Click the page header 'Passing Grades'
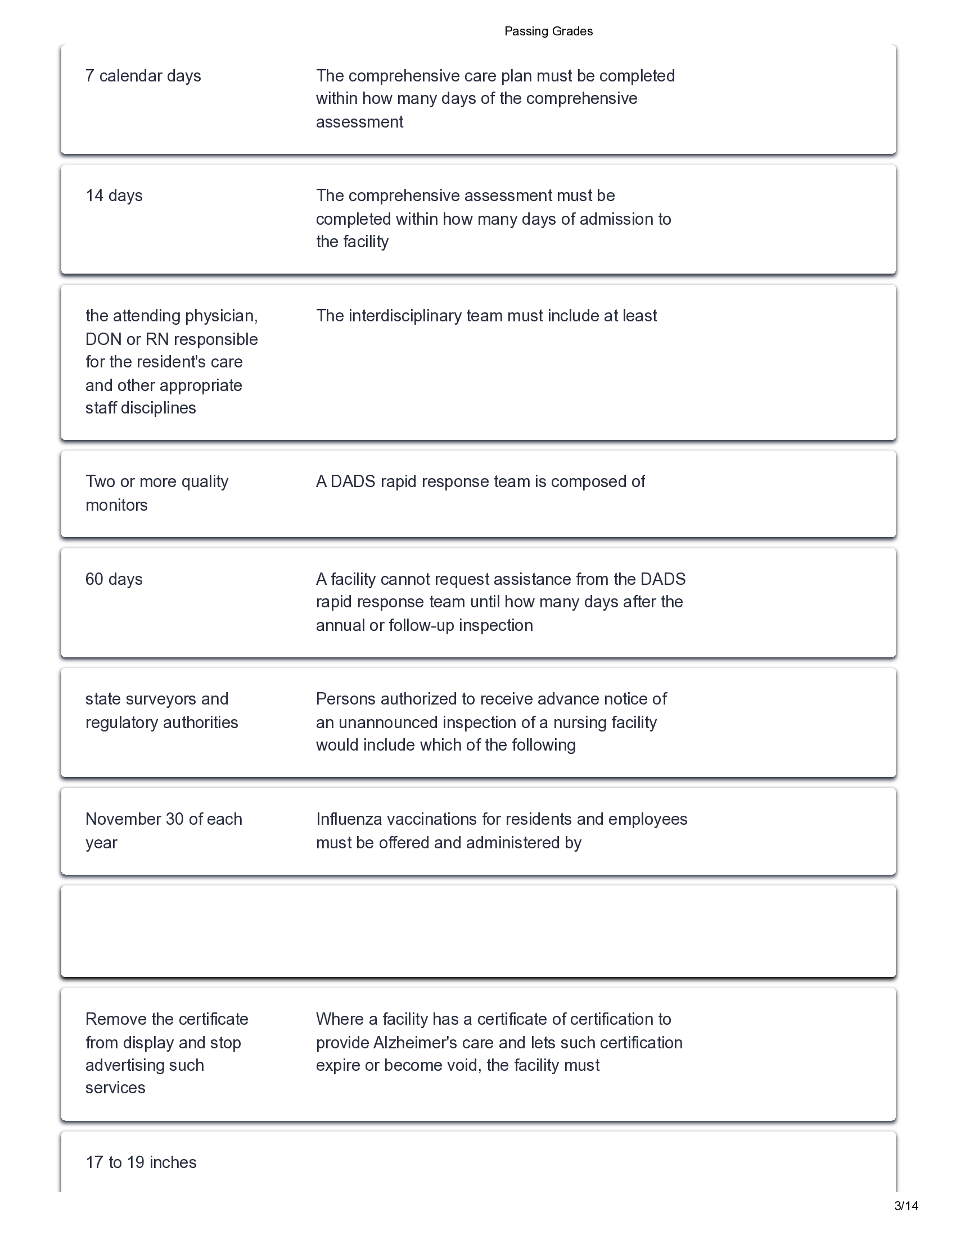[x=548, y=31]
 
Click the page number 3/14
[x=905, y=1221]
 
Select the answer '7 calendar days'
[x=143, y=76]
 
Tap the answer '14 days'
[x=114, y=196]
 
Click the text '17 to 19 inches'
[x=141, y=1162]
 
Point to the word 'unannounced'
[x=388, y=722]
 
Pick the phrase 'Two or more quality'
[x=157, y=481]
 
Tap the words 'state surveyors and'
[x=157, y=699]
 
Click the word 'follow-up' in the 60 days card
[x=421, y=625]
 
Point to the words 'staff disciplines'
[x=141, y=408]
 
